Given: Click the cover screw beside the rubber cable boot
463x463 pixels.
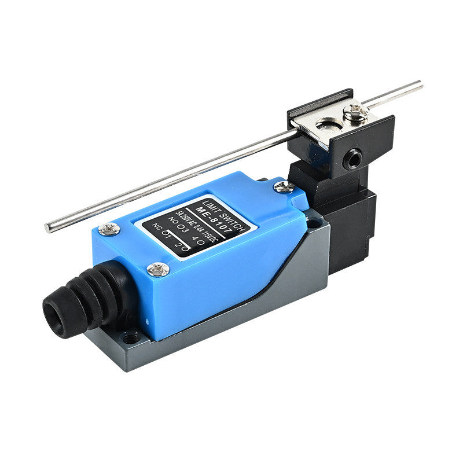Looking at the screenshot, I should pyautogui.click(x=158, y=269).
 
